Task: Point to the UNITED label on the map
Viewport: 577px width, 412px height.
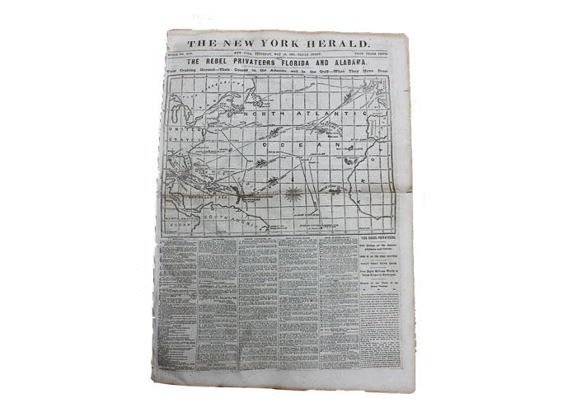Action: click(180, 132)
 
